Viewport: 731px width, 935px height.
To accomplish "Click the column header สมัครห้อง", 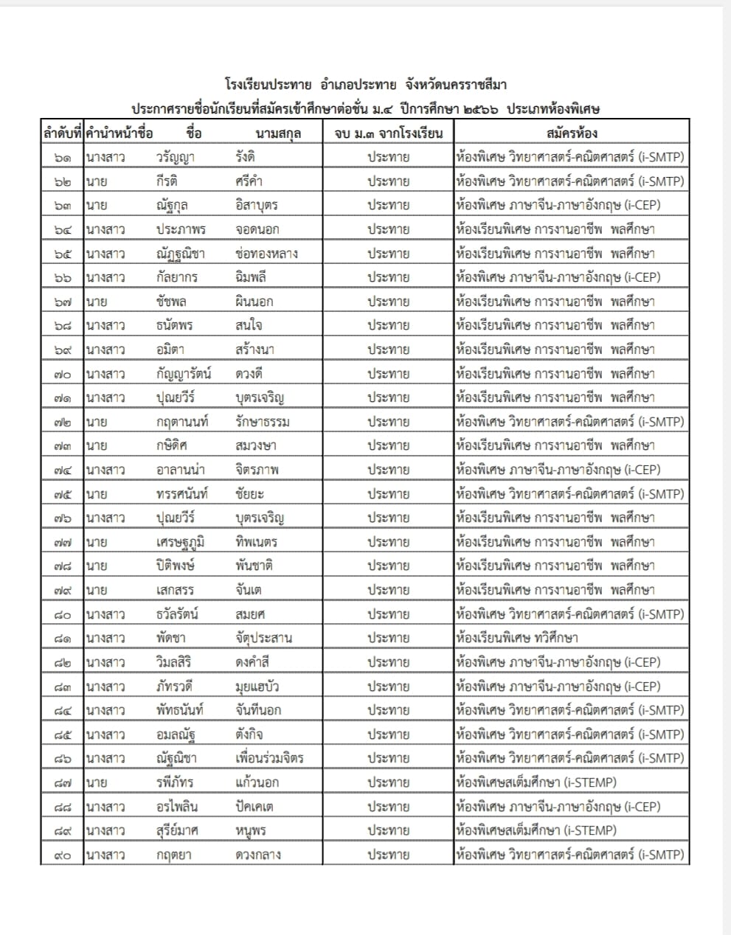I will click(572, 133).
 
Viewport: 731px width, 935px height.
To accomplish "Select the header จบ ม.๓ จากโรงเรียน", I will click(388, 133).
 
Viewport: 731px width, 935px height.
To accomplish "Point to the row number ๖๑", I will click(63, 157).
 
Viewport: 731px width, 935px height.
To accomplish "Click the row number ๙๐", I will click(63, 855).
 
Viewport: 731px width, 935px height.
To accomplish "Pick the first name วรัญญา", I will click(176, 157).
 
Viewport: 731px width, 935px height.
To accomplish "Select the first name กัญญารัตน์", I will click(184, 374).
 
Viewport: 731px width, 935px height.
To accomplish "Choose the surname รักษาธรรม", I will click(263, 422).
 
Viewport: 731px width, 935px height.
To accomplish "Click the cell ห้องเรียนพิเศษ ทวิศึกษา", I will click(517, 638).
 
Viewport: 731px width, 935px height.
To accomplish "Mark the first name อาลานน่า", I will click(180, 470).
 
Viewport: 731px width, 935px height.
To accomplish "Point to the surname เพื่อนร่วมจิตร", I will click(269, 758).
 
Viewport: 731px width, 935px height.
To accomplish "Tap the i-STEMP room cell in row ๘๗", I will click(536, 782).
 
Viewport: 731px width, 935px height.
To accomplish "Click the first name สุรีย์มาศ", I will click(177, 830).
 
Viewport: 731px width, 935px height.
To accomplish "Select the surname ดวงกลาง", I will click(258, 855).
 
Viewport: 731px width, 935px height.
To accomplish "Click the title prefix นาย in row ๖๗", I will click(96, 302).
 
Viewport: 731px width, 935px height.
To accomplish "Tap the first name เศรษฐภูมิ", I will click(180, 542).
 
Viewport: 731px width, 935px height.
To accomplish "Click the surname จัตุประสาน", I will click(264, 638).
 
